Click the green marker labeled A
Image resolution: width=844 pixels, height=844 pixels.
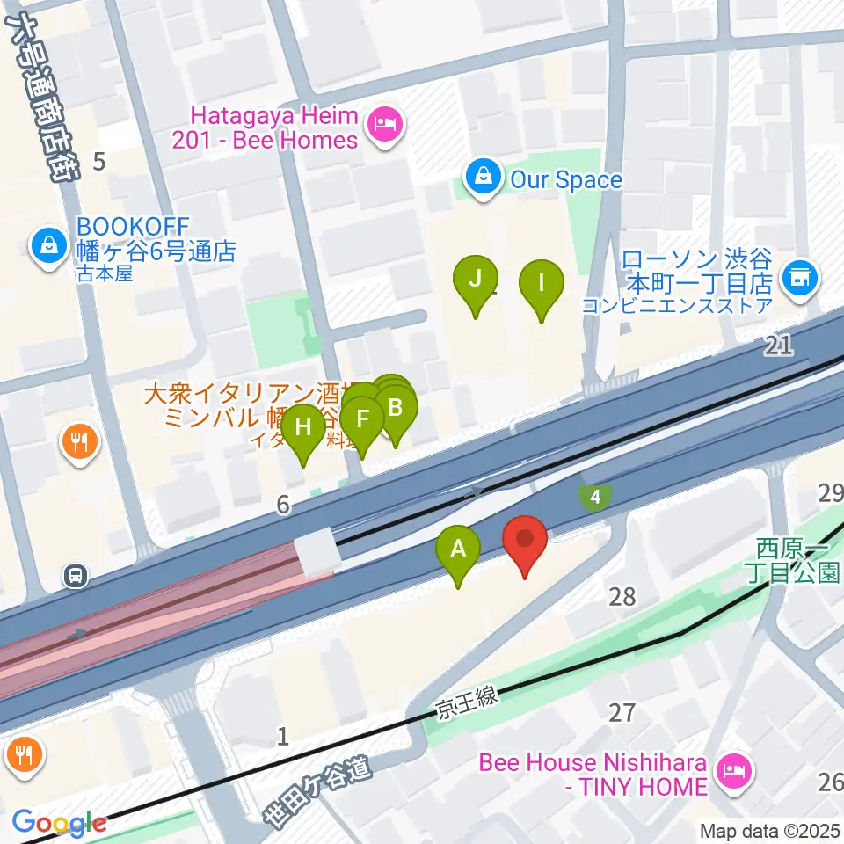[458, 550]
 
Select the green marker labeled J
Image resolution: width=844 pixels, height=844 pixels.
[475, 280]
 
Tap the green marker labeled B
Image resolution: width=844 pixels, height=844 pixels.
[396, 409]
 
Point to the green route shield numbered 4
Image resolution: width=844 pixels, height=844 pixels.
[596, 498]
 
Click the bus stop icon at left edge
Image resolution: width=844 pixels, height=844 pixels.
[76, 577]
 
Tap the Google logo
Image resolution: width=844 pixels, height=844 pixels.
[59, 823]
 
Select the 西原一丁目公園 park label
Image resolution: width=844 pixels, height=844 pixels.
[798, 562]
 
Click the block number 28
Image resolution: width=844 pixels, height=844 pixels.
[622, 597]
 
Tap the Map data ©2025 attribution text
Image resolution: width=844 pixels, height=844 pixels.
[770, 830]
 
